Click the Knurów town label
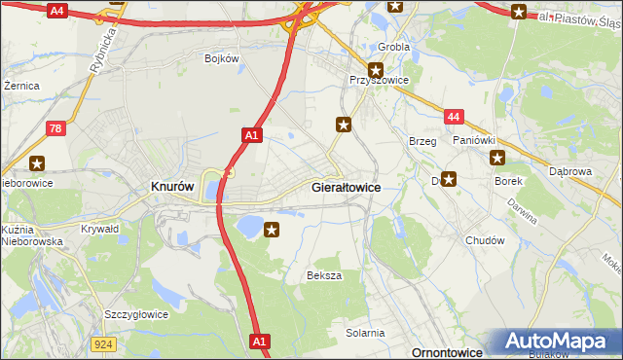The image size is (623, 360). [171, 186]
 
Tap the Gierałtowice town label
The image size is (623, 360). [346, 186]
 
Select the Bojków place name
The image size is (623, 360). [222, 58]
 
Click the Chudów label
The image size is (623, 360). [485, 240]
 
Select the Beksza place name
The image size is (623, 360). [324, 275]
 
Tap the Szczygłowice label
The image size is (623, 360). [136, 314]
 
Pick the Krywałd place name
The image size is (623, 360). [100, 228]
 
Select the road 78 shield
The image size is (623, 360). [57, 127]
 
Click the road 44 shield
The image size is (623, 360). [453, 117]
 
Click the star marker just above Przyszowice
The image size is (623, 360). [375, 69]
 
